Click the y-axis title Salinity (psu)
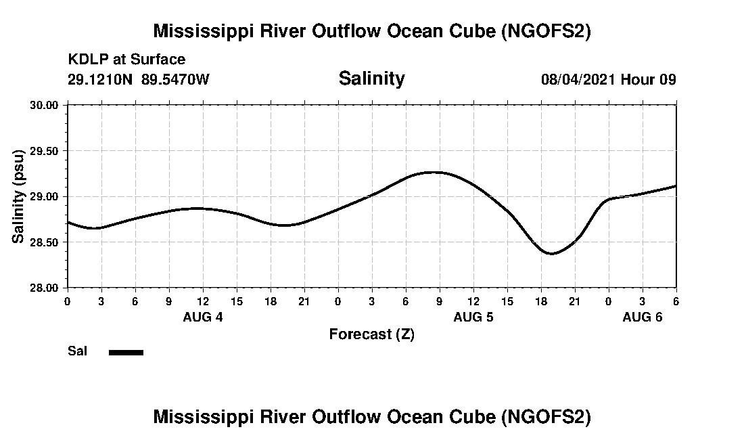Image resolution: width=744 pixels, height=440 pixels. click(18, 196)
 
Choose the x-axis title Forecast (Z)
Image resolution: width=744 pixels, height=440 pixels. click(371, 334)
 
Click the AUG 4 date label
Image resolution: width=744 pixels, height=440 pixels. click(203, 317)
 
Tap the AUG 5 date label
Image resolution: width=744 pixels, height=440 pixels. click(473, 317)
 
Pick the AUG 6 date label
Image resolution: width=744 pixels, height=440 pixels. click(643, 317)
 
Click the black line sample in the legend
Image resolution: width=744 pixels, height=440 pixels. click(126, 352)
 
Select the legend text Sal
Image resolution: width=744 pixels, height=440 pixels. click(77, 351)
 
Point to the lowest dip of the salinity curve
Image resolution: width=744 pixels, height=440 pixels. click(552, 254)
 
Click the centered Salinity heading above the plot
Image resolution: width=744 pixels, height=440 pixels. click(371, 78)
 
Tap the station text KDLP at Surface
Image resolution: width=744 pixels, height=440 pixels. click(126, 60)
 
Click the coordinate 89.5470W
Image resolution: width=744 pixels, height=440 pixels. click(175, 79)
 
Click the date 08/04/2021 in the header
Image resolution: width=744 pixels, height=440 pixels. click(578, 79)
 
